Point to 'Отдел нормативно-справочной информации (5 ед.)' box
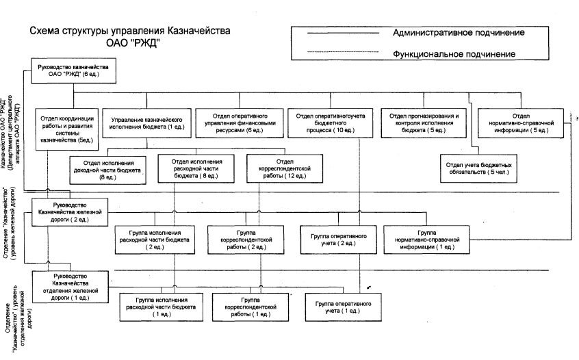pyautogui.click(x=521, y=120)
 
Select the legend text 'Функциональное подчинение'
pyautogui.click(x=454, y=53)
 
